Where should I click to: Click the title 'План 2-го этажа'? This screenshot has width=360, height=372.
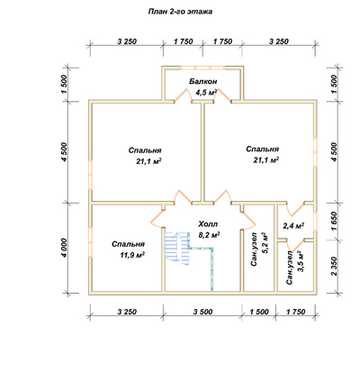point(180,12)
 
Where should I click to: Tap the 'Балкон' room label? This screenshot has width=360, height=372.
point(203,81)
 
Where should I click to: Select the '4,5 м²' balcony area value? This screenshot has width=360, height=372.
point(206,92)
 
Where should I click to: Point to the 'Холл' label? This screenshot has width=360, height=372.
point(208,224)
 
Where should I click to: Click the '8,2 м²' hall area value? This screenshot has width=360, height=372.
point(210,235)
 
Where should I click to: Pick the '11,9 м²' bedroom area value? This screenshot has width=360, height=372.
point(132,255)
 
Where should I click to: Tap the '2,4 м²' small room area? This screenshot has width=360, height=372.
point(293,226)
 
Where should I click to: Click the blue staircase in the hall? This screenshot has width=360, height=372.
point(177,249)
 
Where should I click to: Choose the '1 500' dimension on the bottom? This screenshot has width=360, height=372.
point(259,312)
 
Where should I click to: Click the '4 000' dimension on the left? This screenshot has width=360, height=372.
point(66,249)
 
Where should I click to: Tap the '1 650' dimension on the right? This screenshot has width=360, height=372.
point(335,222)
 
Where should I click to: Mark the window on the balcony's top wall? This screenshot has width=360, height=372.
point(203,68)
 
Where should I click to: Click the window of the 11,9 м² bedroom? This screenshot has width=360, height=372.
point(90,242)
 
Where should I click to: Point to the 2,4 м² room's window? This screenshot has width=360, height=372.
point(315,222)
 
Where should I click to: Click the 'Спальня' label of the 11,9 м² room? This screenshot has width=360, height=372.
point(129,244)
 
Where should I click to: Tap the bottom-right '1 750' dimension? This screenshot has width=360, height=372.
point(296,312)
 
